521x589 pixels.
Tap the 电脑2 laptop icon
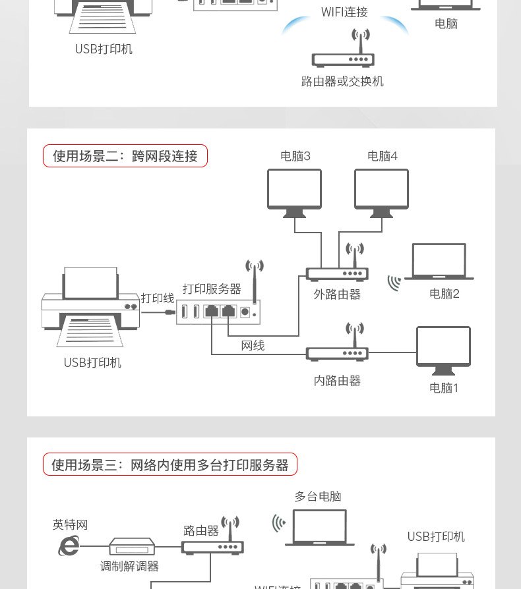439,262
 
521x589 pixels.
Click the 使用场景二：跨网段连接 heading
125,156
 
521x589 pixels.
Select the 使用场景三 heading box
170,464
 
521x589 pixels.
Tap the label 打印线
158,298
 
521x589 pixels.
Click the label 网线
253,345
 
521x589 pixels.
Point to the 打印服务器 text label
212,289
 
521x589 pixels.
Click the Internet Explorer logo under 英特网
69,546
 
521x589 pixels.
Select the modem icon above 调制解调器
132,546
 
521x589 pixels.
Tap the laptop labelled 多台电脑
319,528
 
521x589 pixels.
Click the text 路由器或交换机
342,81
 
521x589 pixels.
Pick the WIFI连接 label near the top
344,12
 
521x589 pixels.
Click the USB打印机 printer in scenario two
90,306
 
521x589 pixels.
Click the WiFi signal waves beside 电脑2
394,283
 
